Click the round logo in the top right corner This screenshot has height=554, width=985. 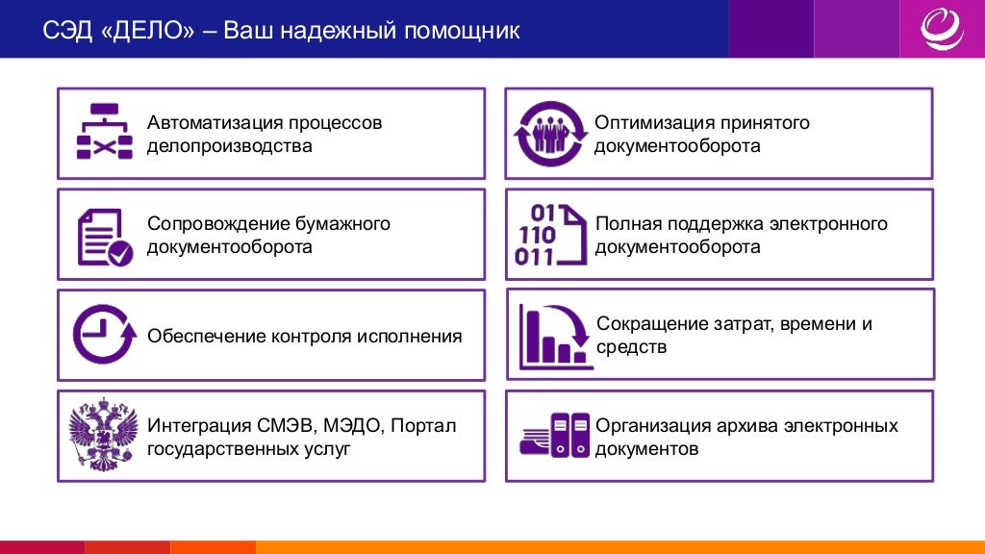pos(942,29)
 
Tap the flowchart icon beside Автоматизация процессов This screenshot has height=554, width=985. pos(104,132)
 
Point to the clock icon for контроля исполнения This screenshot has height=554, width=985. pos(103,334)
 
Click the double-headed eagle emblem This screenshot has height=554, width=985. pos(103,436)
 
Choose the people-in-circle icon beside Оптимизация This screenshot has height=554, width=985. pos(550,134)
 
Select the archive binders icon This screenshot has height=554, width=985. pos(554,435)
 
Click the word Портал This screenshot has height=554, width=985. pos(423,425)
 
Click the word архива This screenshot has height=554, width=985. pos(749,425)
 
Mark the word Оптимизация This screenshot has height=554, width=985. pos(655,123)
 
